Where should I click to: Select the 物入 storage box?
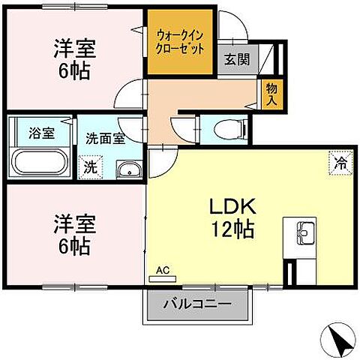tap(272, 94)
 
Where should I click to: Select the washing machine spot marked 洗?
tap(88, 167)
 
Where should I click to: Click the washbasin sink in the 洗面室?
tap(129, 170)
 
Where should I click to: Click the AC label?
tap(163, 269)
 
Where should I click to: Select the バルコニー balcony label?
tap(197, 306)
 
